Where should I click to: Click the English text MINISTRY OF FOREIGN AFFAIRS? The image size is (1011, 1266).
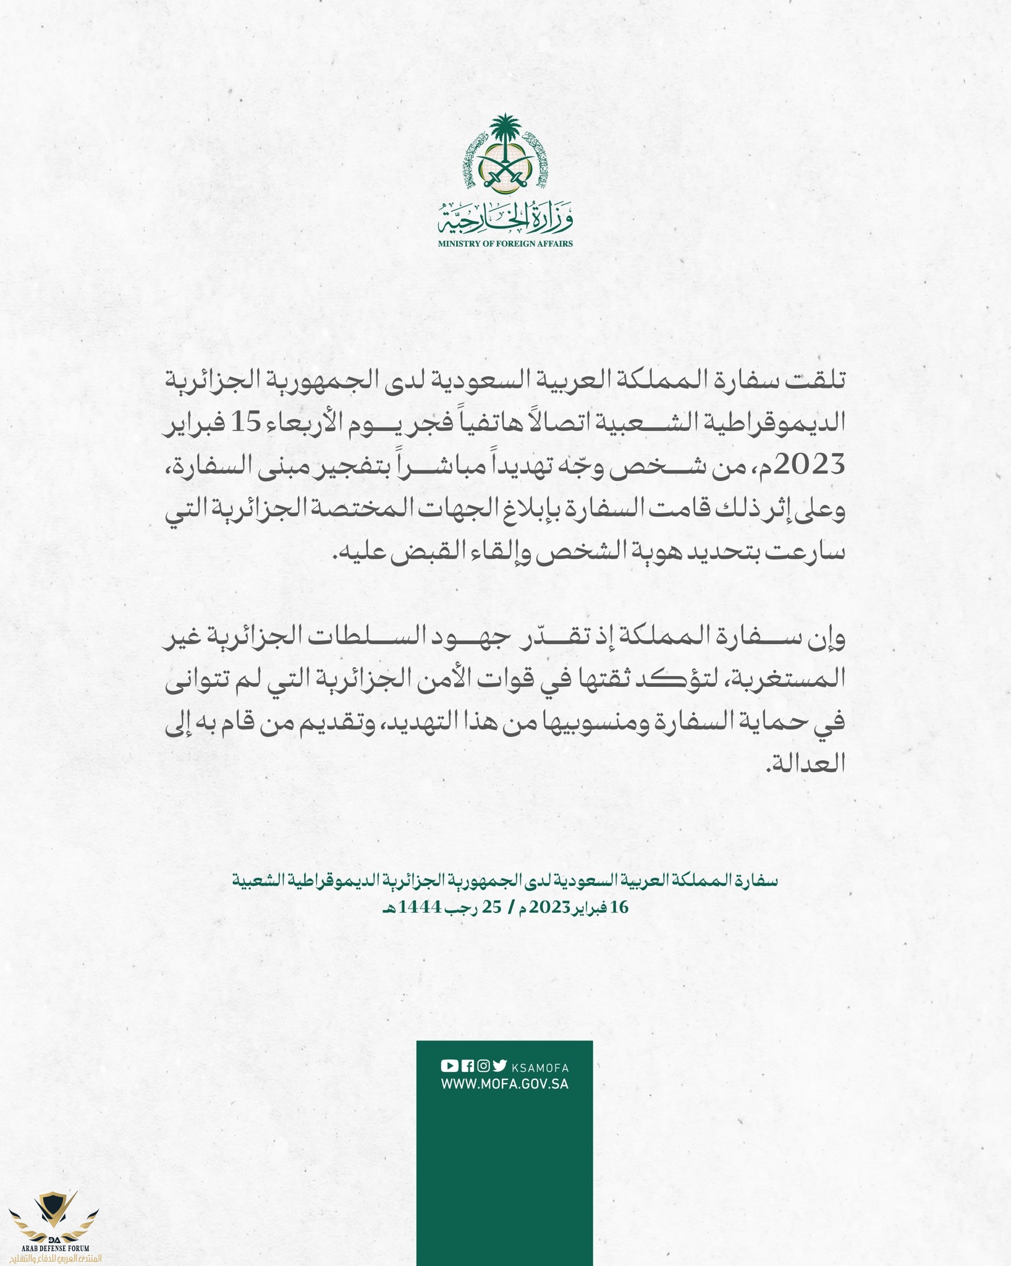click(x=505, y=244)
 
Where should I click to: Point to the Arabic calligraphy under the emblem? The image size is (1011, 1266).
click(x=505, y=217)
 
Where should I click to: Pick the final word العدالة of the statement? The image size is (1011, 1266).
click(x=806, y=765)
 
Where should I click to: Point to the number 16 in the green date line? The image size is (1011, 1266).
click(x=619, y=907)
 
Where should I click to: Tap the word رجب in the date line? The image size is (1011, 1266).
click(x=465, y=907)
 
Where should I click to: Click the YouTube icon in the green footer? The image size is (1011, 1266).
click(x=449, y=1066)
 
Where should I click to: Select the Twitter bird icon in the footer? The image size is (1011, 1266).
click(x=499, y=1066)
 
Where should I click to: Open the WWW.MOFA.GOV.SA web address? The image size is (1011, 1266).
click(x=504, y=1084)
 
